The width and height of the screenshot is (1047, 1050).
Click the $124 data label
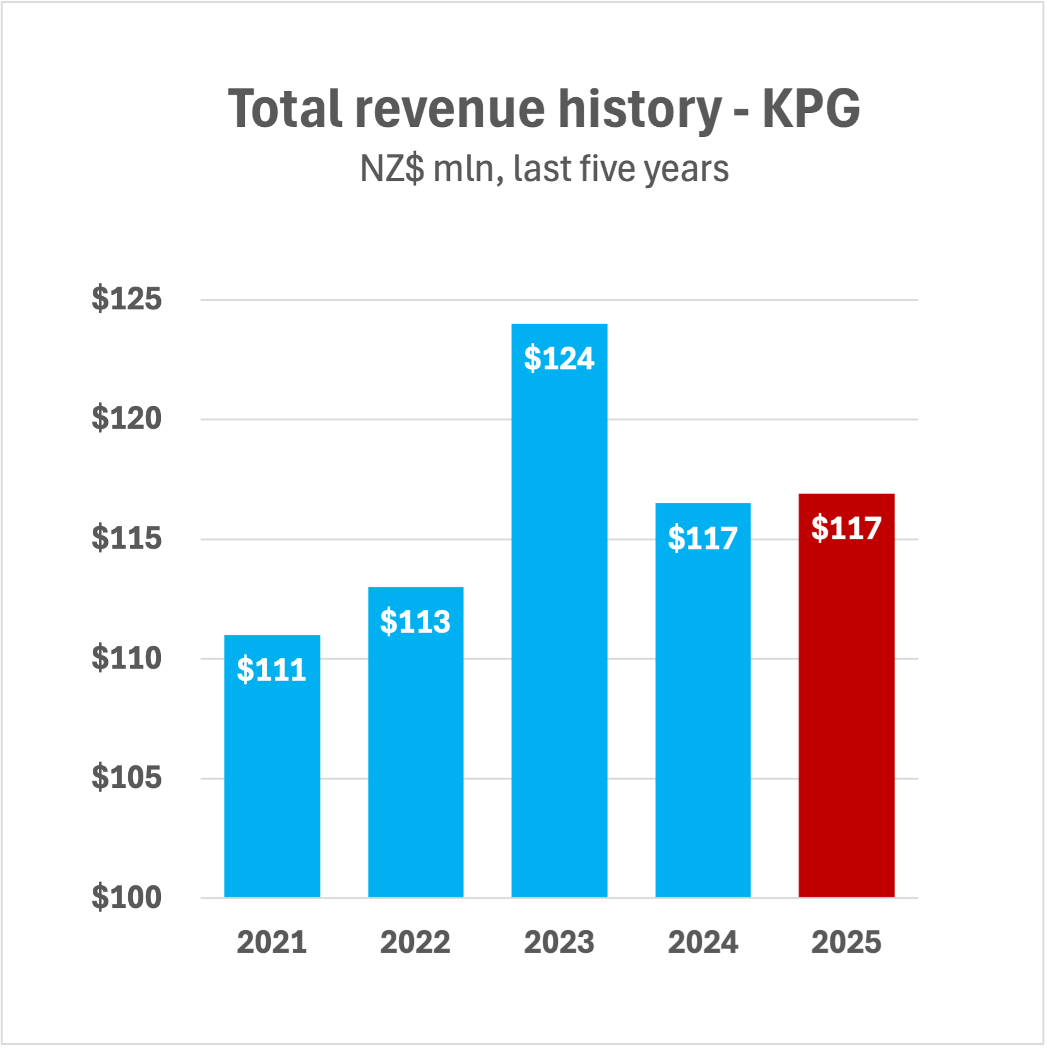pyautogui.click(x=559, y=358)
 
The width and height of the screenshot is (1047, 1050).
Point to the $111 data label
pyautogui.click(x=272, y=669)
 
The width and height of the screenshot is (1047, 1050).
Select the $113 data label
pyautogui.click(x=415, y=621)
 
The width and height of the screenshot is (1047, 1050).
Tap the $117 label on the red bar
pyautogui.click(x=846, y=528)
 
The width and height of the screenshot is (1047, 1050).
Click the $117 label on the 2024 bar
pyautogui.click(x=702, y=538)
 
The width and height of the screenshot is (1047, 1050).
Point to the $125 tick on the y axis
pyautogui.click(x=126, y=299)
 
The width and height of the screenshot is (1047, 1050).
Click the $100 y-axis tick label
pyautogui.click(x=126, y=897)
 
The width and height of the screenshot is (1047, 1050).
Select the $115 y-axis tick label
pyautogui.click(x=126, y=538)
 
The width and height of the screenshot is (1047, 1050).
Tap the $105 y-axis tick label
pyautogui.click(x=126, y=777)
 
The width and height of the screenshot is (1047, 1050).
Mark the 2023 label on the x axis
pyautogui.click(x=559, y=943)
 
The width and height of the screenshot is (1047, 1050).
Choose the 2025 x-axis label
pyautogui.click(x=846, y=943)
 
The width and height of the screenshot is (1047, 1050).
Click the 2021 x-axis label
pyautogui.click(x=272, y=943)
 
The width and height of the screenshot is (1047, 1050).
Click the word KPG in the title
pyautogui.click(x=811, y=109)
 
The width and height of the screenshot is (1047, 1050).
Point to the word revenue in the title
pyautogui.click(x=450, y=109)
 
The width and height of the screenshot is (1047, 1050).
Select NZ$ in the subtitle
pyautogui.click(x=392, y=169)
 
